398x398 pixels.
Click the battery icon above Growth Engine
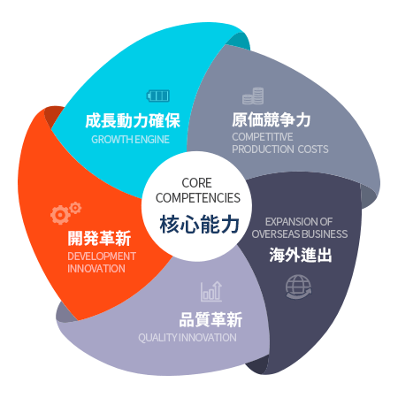pyautogui.click(x=158, y=96)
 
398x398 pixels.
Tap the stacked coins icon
pyautogui.click(x=253, y=96)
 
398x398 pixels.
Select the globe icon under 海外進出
pyautogui.click(x=298, y=287)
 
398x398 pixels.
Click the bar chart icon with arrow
pyautogui.click(x=211, y=291)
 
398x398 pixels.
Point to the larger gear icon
pyautogui.click(x=60, y=215)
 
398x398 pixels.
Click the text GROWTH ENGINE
pyautogui.click(x=130, y=140)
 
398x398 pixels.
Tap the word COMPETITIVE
pyautogui.click(x=263, y=137)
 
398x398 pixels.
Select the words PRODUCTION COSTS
pyautogui.click(x=280, y=149)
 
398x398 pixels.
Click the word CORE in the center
pyautogui.click(x=196, y=183)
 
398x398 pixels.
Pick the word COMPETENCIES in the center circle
pyautogui.click(x=198, y=198)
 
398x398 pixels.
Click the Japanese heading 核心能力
pyautogui.click(x=199, y=225)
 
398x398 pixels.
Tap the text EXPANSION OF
pyautogui.click(x=299, y=222)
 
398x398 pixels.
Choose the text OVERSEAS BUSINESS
pyautogui.click(x=300, y=234)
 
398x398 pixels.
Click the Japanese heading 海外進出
pyautogui.click(x=301, y=255)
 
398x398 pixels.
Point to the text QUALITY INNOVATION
pyautogui.click(x=188, y=338)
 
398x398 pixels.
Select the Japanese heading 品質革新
pyautogui.click(x=210, y=319)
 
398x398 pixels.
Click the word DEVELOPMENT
pyautogui.click(x=102, y=256)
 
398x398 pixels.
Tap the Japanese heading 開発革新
pyautogui.click(x=99, y=238)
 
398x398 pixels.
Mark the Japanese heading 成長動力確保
pyautogui.click(x=133, y=120)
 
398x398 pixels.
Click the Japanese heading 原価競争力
pyautogui.click(x=272, y=119)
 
